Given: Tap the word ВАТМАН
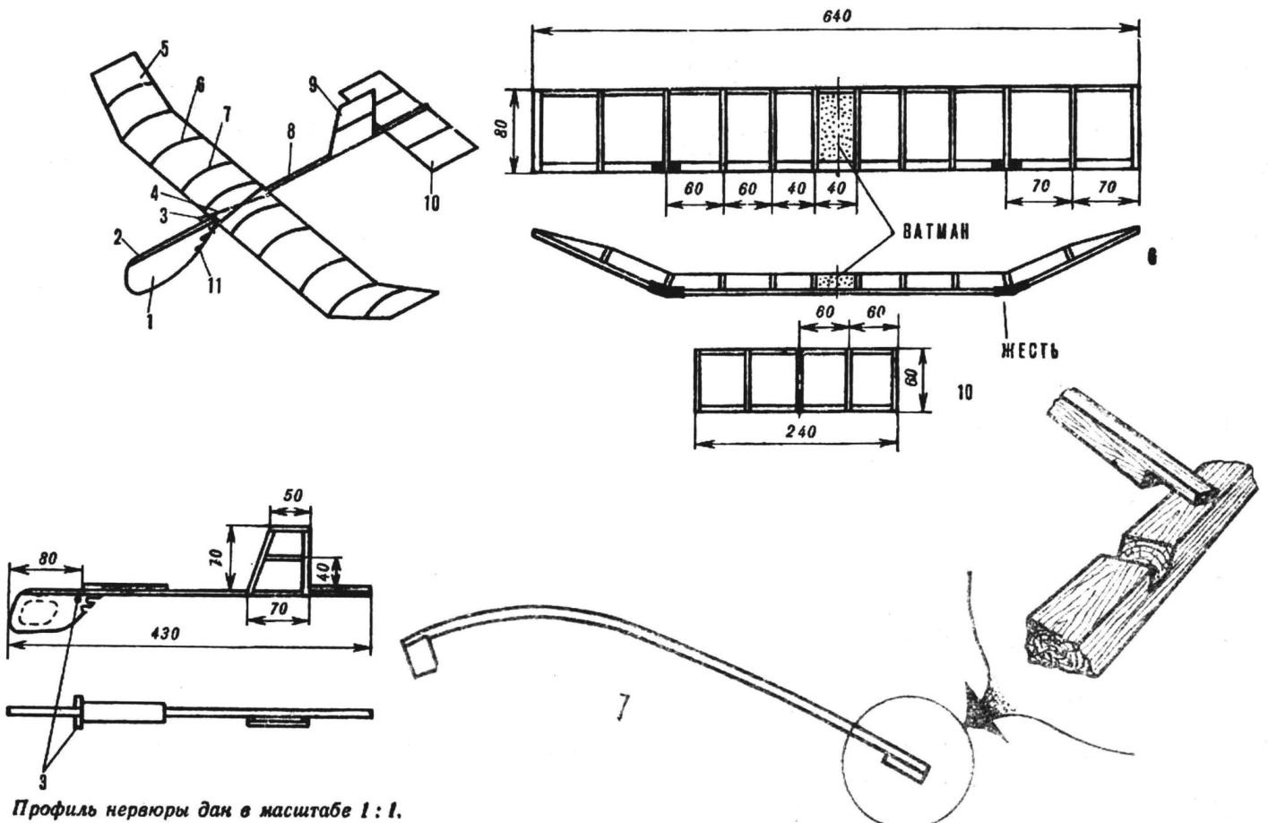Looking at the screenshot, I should [936, 231].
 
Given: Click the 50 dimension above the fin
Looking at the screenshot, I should [291, 494].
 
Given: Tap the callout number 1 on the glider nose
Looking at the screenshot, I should [150, 320].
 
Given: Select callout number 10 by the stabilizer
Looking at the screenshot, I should [431, 204].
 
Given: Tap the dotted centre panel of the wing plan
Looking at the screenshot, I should [837, 126].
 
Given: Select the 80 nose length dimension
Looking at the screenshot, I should [47, 558].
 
